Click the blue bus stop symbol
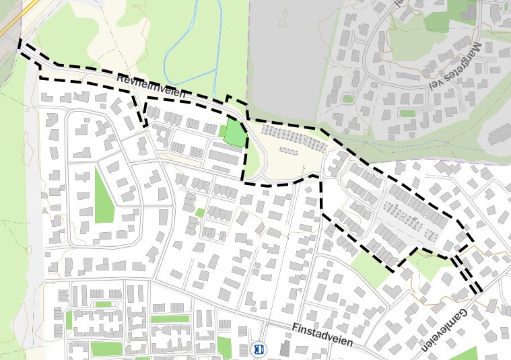pyautogui.click(x=259, y=349)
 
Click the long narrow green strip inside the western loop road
pyautogui.click(x=104, y=195)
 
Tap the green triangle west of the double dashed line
pyautogui.click(x=431, y=266)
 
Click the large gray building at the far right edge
pyautogui.click(x=499, y=135)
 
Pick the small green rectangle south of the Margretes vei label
pyautogui.click(x=408, y=113)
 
